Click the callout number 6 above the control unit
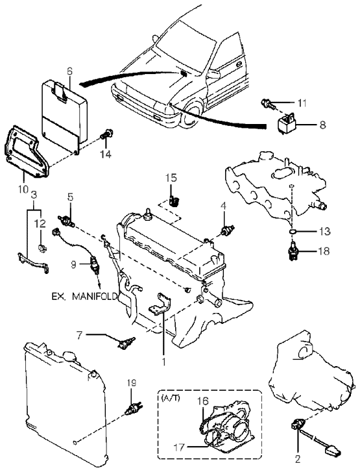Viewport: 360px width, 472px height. pyautogui.click(x=69, y=71)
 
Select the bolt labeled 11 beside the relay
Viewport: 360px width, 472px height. pyautogui.click(x=268, y=104)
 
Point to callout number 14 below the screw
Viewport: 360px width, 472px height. pyautogui.click(x=106, y=154)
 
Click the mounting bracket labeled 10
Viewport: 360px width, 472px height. pyautogui.click(x=27, y=154)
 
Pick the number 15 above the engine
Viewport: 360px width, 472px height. pyautogui.click(x=171, y=178)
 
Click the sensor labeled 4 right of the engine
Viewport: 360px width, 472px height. pyautogui.click(x=228, y=231)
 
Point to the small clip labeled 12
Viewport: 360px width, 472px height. pyautogui.click(x=42, y=248)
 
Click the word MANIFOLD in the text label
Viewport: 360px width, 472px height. pyautogui.click(x=95, y=297)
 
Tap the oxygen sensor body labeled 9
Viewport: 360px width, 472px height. pyautogui.click(x=93, y=264)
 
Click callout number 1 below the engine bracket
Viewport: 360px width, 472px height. pyautogui.click(x=164, y=362)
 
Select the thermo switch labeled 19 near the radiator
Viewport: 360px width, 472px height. pyautogui.click(x=134, y=409)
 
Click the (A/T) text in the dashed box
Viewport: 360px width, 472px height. pyautogui.click(x=171, y=398)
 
